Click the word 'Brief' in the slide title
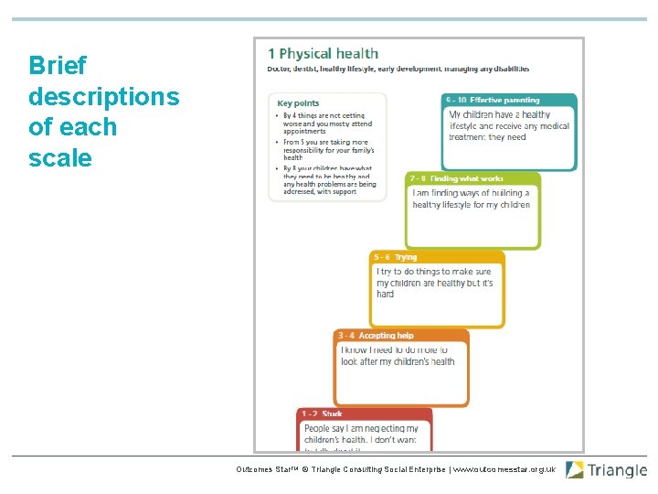[58, 66]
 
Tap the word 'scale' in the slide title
[60, 158]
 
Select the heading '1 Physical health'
[323, 54]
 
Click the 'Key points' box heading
[299, 103]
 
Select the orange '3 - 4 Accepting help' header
[375, 336]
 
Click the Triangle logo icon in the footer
[575, 470]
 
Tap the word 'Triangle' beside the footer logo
[617, 471]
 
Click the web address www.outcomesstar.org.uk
[504, 469]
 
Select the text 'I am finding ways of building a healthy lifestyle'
[471, 199]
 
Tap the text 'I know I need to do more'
[394, 350]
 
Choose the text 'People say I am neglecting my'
[361, 428]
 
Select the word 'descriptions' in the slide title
[103, 97]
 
